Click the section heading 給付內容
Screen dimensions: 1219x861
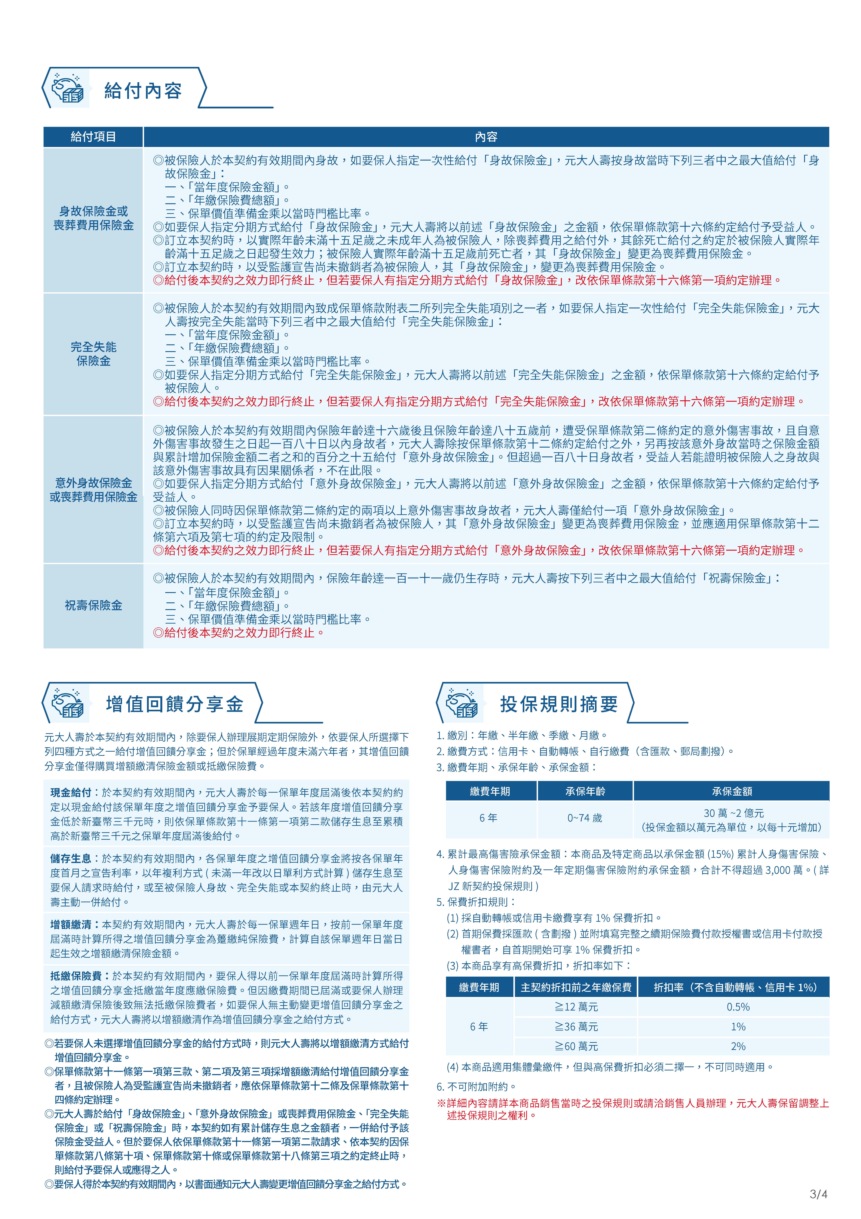click(x=143, y=91)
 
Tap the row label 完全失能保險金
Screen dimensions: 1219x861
click(x=93, y=354)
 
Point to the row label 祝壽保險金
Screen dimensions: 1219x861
click(x=93, y=605)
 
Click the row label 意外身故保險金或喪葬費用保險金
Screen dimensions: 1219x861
click(x=93, y=489)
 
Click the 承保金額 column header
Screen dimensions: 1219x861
click(x=732, y=792)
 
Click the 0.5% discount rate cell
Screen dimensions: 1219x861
click(x=738, y=1007)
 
